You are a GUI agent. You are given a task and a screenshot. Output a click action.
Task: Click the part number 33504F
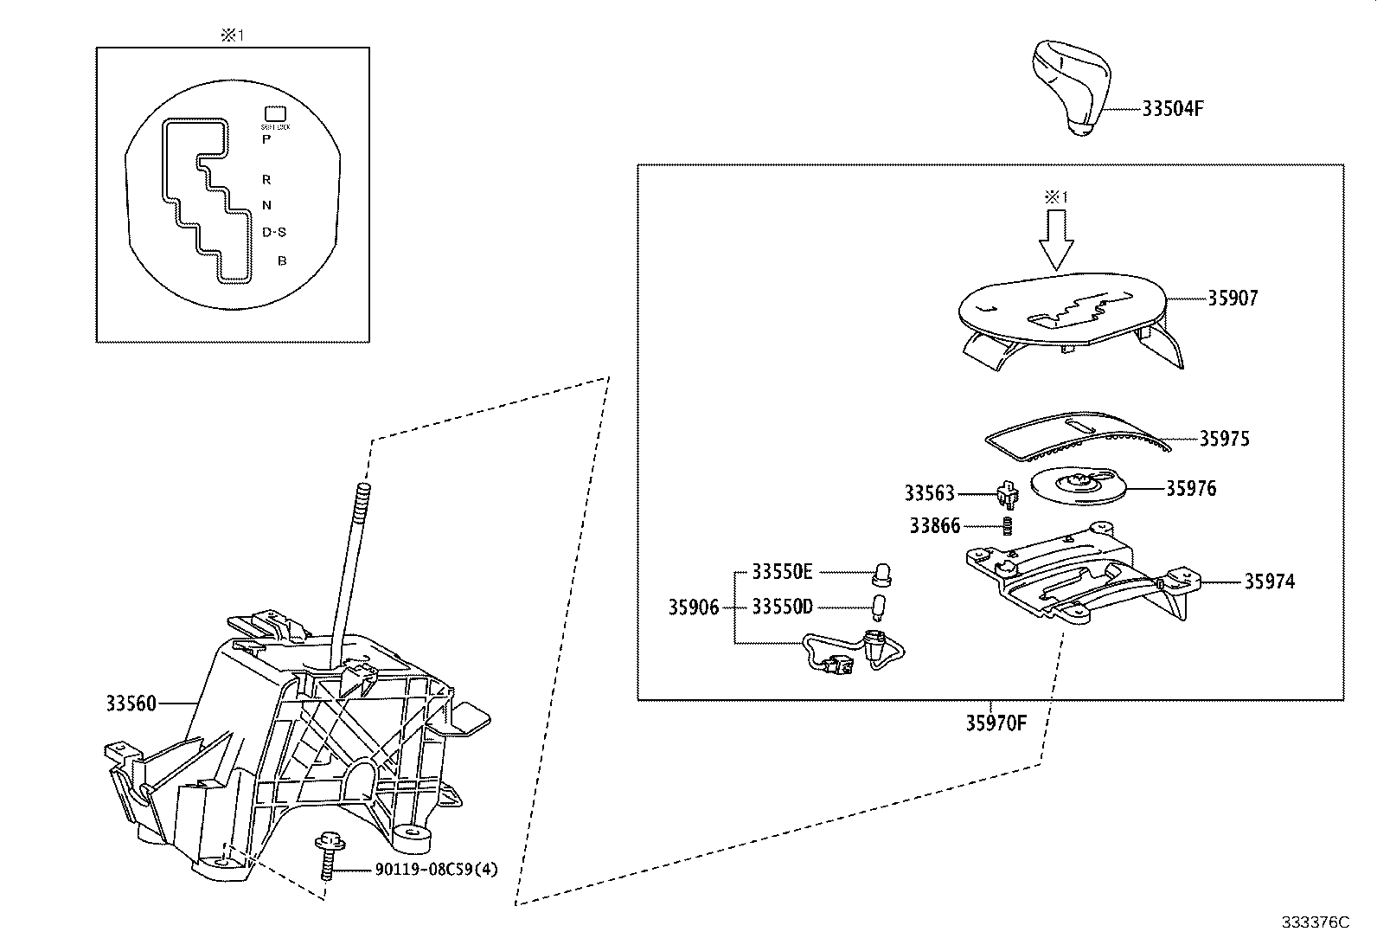pos(1173,109)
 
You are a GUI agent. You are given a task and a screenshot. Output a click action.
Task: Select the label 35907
pos(1233,299)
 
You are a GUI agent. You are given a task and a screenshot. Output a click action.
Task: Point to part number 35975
pos(1224,439)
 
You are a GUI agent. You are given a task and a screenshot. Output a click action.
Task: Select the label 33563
pos(929,493)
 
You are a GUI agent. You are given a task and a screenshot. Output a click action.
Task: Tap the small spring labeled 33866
pos(1007,525)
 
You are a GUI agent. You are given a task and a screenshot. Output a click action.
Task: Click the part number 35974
pos(1269,582)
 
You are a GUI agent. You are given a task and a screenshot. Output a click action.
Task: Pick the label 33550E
pos(782,572)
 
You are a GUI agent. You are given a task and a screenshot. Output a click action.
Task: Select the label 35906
pos(693,607)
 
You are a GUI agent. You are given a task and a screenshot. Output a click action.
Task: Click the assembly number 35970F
pos(996,723)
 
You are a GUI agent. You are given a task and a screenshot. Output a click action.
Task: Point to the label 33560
pos(131,704)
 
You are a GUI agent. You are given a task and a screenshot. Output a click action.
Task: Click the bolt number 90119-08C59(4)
pos(425,870)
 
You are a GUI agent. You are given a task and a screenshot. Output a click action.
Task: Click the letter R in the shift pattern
pos(266,180)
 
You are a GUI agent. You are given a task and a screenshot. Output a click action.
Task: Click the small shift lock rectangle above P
pos(275,113)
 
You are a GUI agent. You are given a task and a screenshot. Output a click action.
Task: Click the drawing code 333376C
pos(1315,922)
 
